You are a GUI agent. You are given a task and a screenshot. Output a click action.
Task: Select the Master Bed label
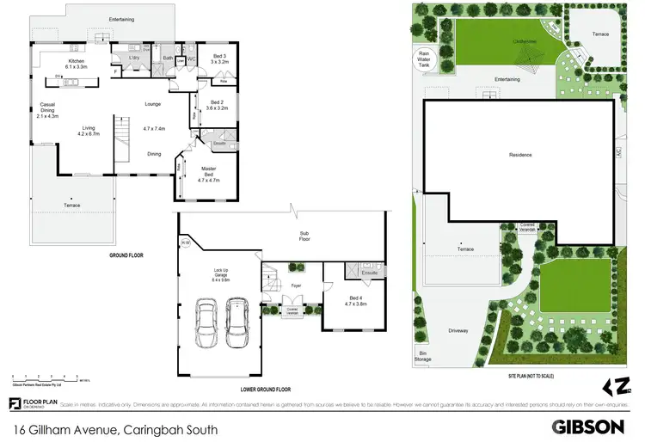point(209,171)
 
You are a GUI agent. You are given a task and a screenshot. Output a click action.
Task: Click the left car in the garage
point(206,323)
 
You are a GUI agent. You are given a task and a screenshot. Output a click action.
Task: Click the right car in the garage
point(236,323)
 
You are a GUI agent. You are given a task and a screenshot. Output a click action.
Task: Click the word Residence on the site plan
point(520,155)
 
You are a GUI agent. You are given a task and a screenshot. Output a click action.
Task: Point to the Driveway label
point(458,328)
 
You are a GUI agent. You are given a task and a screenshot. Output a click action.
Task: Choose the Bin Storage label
point(422,355)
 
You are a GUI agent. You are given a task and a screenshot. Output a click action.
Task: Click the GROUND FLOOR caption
point(126,255)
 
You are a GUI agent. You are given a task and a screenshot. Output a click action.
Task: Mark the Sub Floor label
point(304,235)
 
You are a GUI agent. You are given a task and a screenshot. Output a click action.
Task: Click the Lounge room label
point(153,104)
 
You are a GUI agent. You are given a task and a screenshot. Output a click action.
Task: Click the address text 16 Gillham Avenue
point(114,427)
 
